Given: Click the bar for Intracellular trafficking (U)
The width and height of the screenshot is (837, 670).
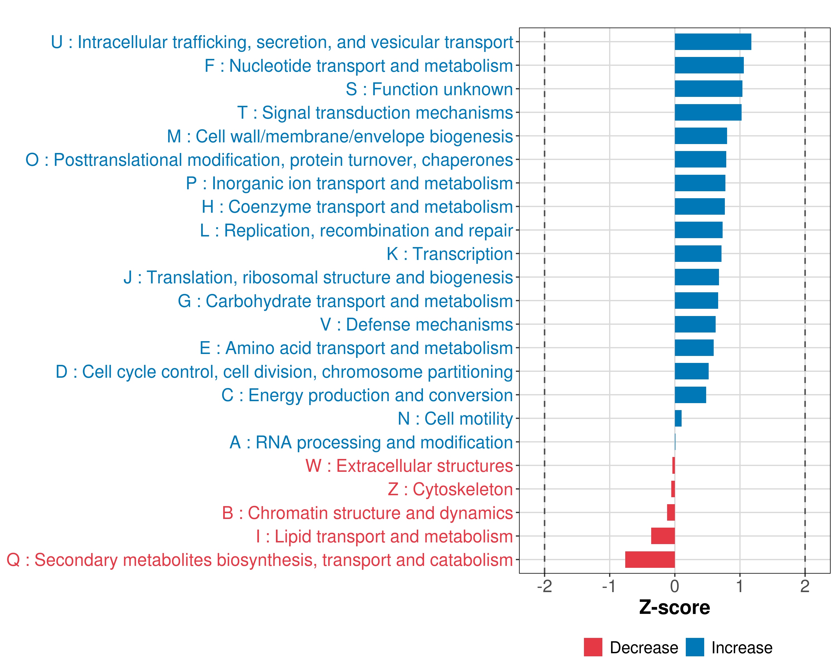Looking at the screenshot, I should [x=713, y=42].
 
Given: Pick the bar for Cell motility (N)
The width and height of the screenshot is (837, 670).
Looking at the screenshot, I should [x=678, y=418].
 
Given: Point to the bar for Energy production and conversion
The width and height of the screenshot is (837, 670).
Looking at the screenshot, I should [x=690, y=395].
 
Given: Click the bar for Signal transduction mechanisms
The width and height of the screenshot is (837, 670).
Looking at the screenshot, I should [x=708, y=113].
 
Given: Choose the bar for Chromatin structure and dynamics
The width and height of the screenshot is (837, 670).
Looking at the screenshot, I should [x=671, y=513].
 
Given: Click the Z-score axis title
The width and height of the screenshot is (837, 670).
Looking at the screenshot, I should [x=674, y=607].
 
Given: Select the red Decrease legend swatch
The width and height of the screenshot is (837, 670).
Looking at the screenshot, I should [x=593, y=647].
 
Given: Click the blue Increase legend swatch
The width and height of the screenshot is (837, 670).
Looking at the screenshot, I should [x=694, y=647].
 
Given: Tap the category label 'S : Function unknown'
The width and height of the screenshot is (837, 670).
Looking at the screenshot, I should [x=429, y=89].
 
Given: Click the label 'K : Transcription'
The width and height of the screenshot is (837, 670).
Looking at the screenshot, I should [x=449, y=254].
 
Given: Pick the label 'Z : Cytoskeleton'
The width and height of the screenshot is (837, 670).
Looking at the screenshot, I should [x=450, y=489].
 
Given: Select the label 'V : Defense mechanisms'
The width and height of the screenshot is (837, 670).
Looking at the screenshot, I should [x=416, y=325].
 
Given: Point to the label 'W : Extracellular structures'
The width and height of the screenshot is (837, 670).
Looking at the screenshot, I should [x=409, y=466].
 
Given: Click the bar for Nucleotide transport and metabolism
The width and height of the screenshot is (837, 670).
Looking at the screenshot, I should [x=709, y=65].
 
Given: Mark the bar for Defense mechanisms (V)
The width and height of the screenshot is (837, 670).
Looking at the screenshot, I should [x=695, y=324].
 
